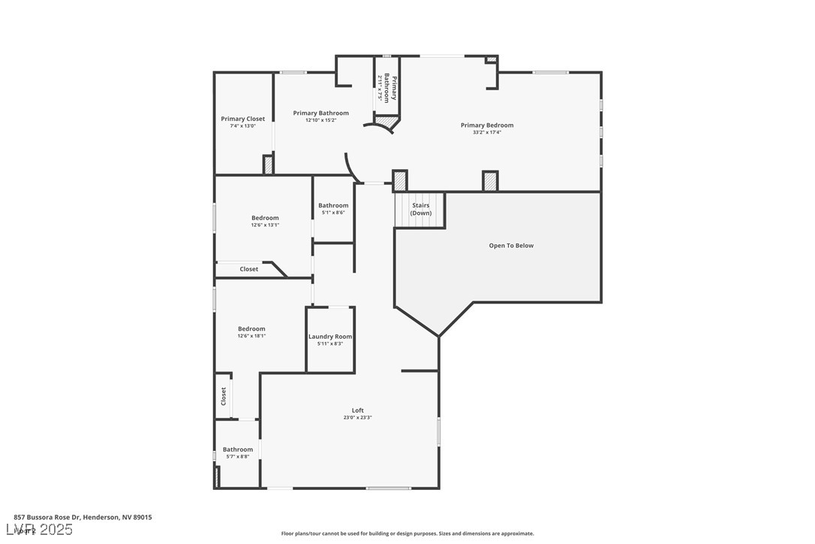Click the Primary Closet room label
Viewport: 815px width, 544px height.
click(x=242, y=119)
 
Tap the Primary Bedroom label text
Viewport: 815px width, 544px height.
click(x=487, y=125)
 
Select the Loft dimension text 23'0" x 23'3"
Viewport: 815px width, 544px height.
click(x=357, y=418)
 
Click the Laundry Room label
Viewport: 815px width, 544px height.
click(x=330, y=337)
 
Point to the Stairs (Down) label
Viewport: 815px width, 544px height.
click(x=420, y=209)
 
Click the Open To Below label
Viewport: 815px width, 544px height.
click(x=511, y=246)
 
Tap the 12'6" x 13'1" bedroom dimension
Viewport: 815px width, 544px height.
click(x=265, y=225)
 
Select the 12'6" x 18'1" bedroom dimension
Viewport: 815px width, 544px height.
click(x=251, y=336)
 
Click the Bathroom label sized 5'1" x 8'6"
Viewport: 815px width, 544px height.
click(x=333, y=206)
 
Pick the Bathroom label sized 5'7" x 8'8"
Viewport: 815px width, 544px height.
click(x=238, y=449)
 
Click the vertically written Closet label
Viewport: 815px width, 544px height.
click(x=224, y=396)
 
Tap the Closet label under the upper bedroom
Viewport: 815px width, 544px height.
click(x=249, y=269)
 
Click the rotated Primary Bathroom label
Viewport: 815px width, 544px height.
click(x=388, y=87)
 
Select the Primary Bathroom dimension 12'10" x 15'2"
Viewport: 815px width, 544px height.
click(x=320, y=120)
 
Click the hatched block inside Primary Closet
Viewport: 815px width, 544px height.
click(x=268, y=165)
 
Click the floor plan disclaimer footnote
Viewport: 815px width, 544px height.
click(x=407, y=533)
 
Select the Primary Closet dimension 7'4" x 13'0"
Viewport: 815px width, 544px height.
click(x=242, y=126)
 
